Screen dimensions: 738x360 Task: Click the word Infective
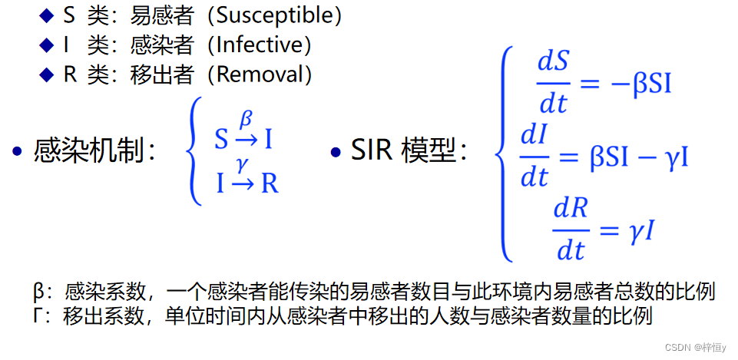[263, 45]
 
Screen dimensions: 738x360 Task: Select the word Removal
[264, 74]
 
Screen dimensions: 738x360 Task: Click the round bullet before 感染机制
[17, 151]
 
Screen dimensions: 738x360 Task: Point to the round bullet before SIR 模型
[335, 151]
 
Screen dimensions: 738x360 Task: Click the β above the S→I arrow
[246, 120]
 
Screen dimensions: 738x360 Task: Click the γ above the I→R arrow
[243, 163]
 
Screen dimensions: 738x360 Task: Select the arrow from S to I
[246, 139]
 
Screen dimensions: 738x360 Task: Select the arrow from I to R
[243, 184]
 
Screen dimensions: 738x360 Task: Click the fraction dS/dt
[552, 82]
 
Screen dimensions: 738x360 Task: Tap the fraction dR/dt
[571, 229]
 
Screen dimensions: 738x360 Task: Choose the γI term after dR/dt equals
[642, 230]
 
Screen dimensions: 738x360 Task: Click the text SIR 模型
[407, 151]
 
